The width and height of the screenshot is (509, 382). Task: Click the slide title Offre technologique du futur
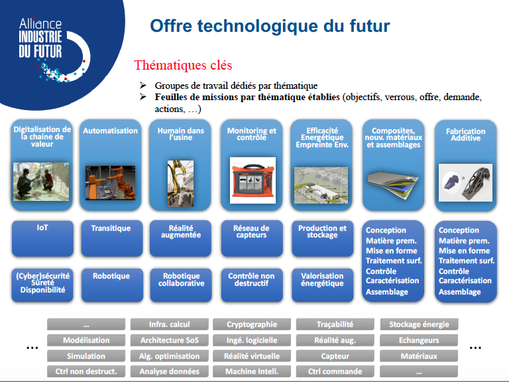pyautogui.click(x=270, y=26)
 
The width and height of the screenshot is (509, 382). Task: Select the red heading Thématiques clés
pyautogui.click(x=183, y=65)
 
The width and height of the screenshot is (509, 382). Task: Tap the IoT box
pyautogui.click(x=42, y=239)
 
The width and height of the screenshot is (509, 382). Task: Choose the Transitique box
pyautogui.click(x=111, y=239)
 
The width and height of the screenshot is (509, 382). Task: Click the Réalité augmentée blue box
pyautogui.click(x=180, y=239)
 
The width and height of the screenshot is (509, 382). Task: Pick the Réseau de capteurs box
pyautogui.click(x=252, y=239)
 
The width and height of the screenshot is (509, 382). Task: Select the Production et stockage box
pyautogui.click(x=322, y=239)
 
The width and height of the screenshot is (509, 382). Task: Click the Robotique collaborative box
pyautogui.click(x=181, y=285)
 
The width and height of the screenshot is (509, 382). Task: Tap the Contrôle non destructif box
pyautogui.click(x=252, y=285)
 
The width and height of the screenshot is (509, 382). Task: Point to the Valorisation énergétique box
pyautogui.click(x=322, y=285)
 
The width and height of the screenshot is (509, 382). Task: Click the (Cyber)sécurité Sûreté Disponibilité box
pyautogui.click(x=42, y=285)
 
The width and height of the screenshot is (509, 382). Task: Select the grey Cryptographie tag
pyautogui.click(x=252, y=324)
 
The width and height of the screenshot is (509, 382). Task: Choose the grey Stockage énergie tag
pyautogui.click(x=419, y=324)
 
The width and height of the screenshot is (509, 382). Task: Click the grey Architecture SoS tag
pyautogui.click(x=170, y=340)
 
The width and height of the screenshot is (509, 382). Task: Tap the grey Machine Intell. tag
pyautogui.click(x=252, y=371)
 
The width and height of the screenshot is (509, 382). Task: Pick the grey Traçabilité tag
pyautogui.click(x=335, y=324)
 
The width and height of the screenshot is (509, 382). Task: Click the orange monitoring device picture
pyautogui.click(x=253, y=180)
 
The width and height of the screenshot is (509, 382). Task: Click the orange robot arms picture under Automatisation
pyautogui.click(x=111, y=183)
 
